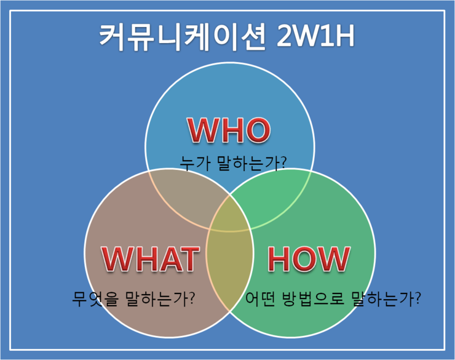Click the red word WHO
pos(229,130)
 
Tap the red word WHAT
pos(150,259)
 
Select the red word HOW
pos(309,259)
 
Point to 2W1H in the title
pos(316,38)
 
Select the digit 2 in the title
pos(285,38)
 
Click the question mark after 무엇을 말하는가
pos(192,299)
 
